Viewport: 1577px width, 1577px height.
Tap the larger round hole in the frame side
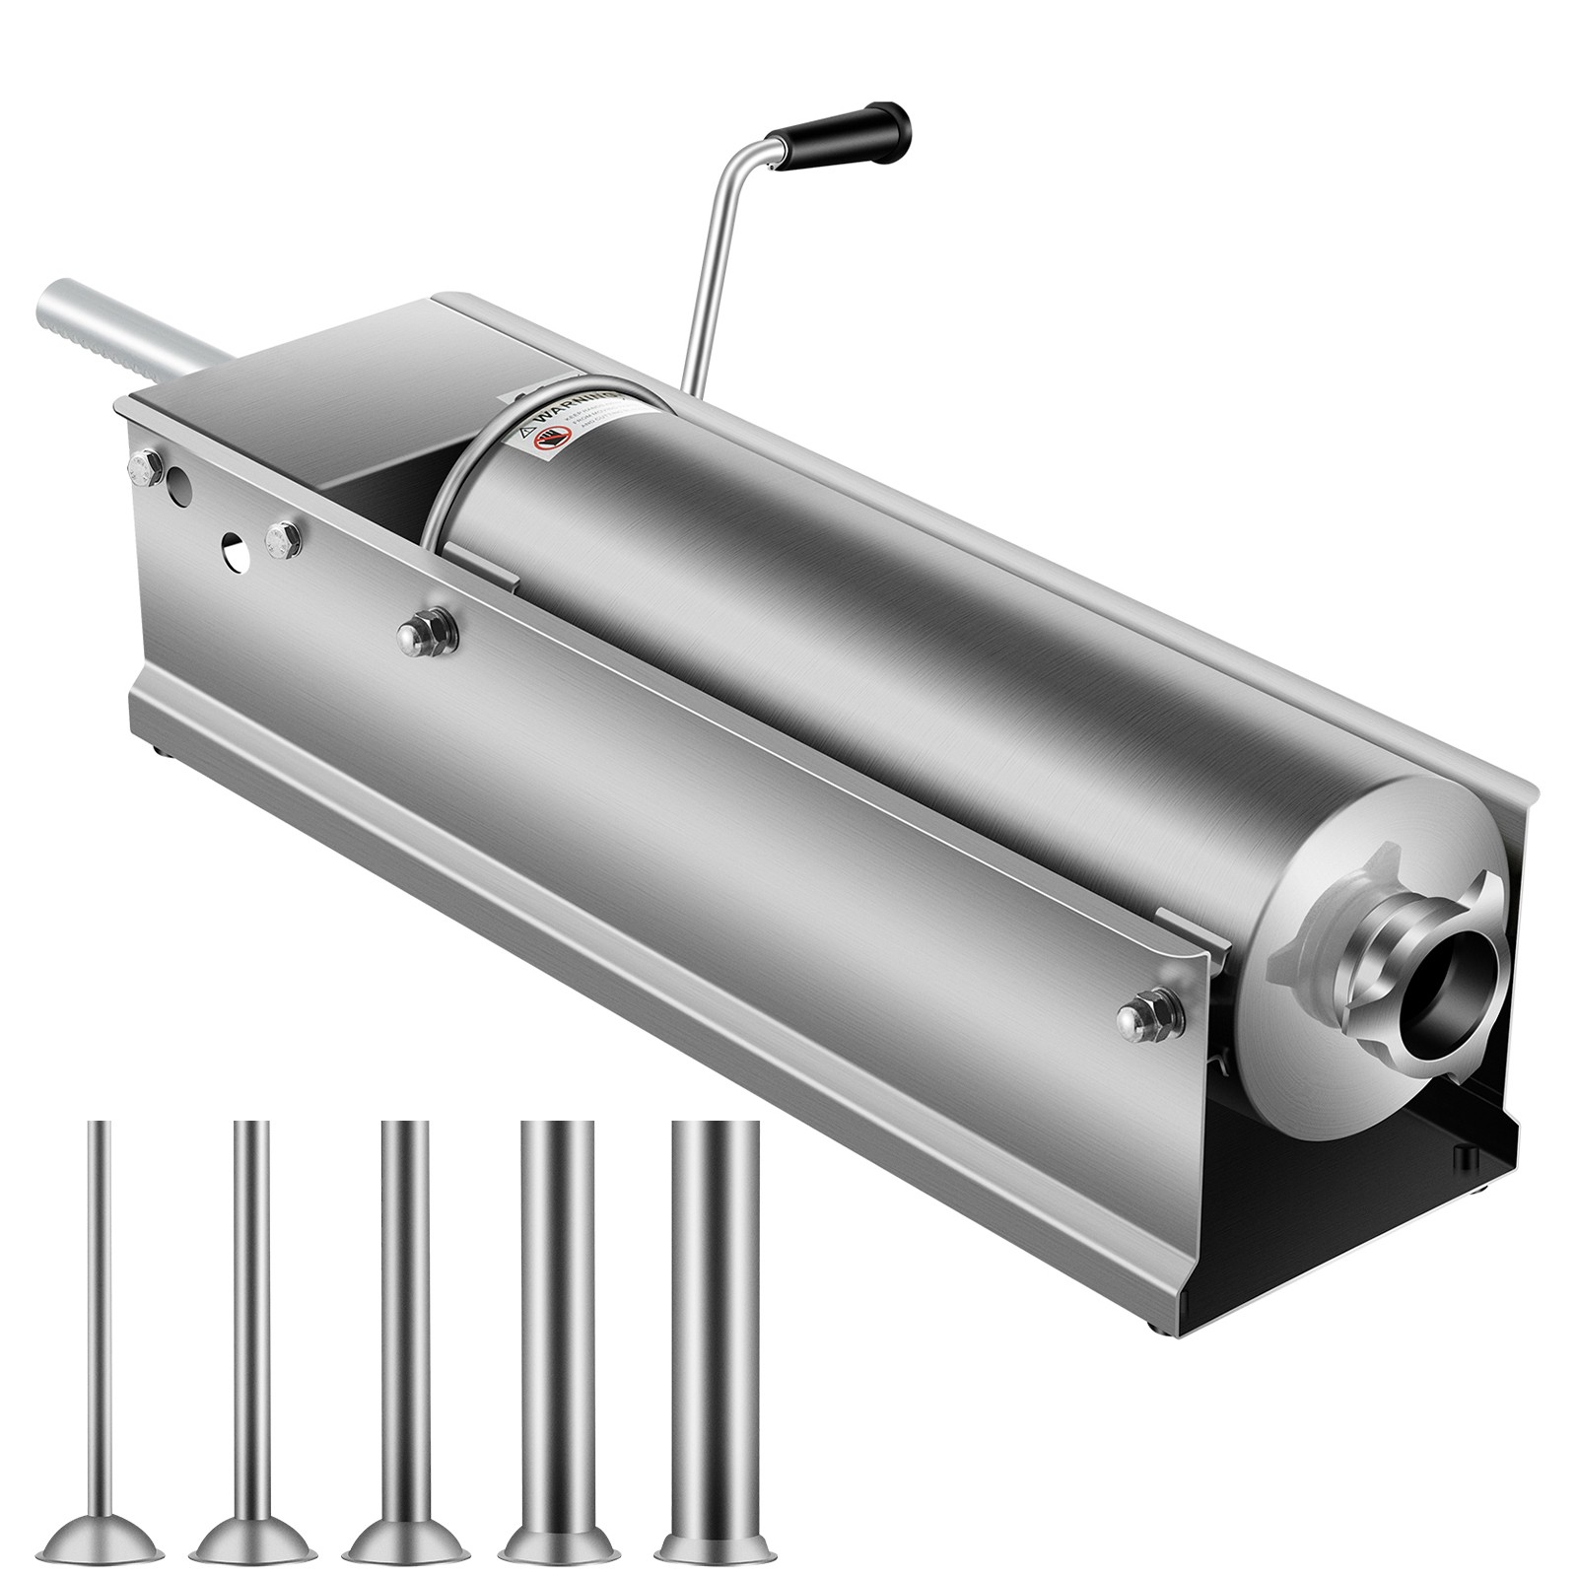tap(178, 487)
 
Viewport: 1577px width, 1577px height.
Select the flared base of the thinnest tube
tap(99, 1504)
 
